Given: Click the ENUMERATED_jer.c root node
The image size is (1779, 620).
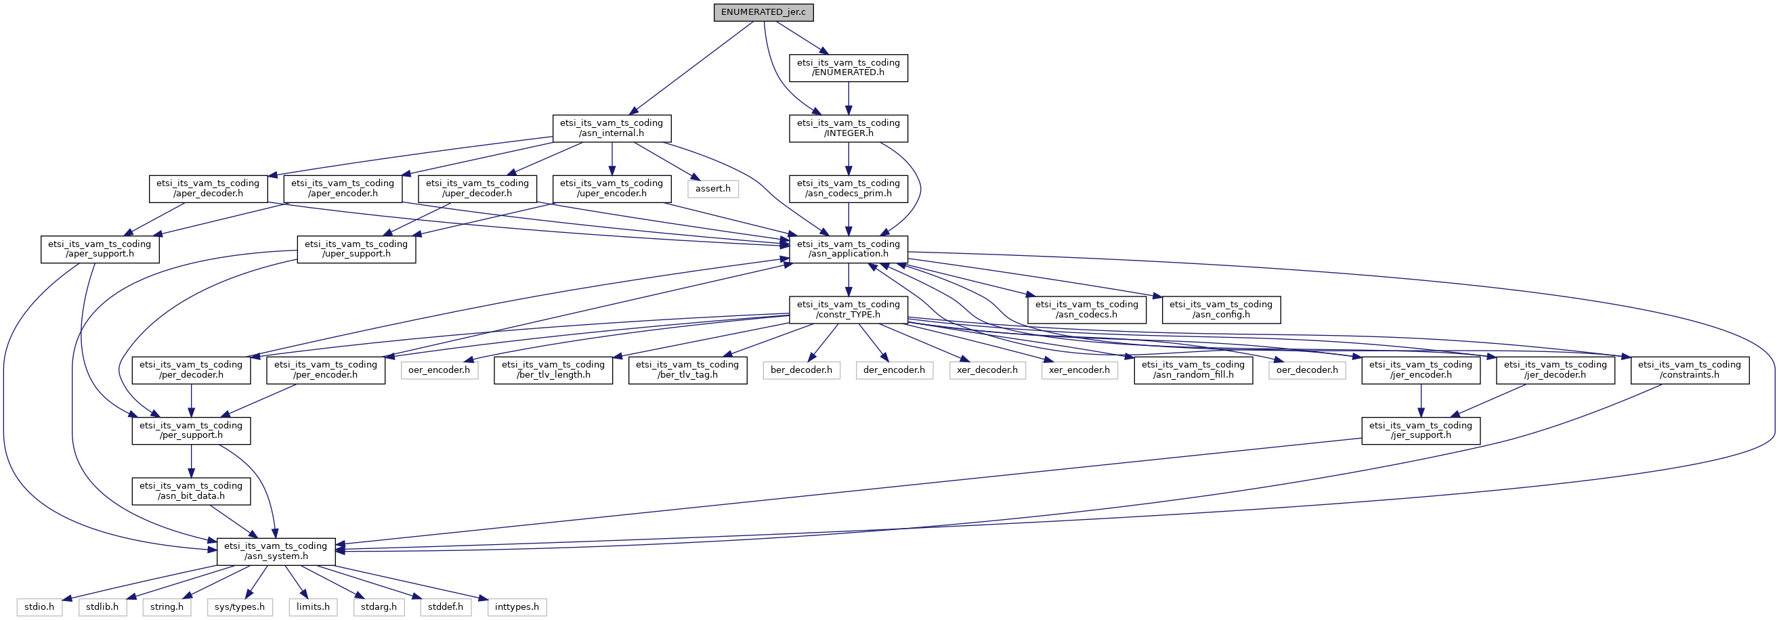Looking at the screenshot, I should point(763,12).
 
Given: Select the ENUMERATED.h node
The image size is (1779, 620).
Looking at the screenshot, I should point(848,68).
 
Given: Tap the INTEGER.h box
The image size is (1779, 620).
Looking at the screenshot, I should point(848,129).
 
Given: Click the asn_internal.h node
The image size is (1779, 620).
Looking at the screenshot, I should point(612,129).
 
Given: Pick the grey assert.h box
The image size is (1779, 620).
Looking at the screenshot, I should point(712,188).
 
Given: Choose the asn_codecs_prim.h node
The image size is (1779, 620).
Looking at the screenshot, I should point(848,188).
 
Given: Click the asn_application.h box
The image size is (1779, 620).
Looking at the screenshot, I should point(848,249).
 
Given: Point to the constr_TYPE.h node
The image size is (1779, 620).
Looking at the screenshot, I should point(848,309).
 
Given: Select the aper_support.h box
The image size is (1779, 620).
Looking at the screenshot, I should point(100,249).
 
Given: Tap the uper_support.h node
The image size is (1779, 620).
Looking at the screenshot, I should point(356,249).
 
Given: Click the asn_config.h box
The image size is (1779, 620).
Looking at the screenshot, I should point(1221,309).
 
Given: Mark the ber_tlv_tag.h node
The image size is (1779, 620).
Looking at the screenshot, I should point(687,370).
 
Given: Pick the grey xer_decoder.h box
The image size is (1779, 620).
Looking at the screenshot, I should point(987,370).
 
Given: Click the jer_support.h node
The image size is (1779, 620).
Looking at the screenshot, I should point(1421,430).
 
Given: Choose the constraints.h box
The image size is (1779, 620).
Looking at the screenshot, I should point(1689,370).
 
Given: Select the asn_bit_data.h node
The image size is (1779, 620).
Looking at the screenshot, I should point(190,491).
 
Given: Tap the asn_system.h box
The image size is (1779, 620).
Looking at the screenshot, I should point(276,551).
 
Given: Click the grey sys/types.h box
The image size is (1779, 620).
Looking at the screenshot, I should point(240,607).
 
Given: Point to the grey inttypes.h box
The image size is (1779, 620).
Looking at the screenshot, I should point(517,607).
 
